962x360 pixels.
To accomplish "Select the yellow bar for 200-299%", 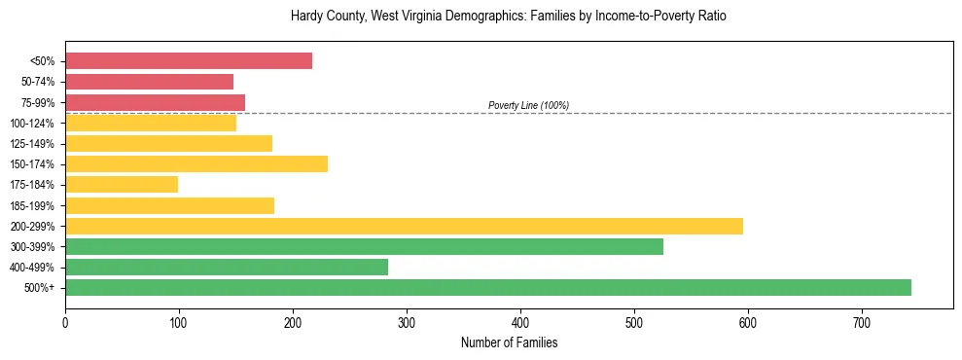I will (x=404, y=226).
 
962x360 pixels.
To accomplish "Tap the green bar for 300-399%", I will (x=364, y=246).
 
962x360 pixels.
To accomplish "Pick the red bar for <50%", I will (x=189, y=61).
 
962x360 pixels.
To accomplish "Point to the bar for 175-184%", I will (x=122, y=184).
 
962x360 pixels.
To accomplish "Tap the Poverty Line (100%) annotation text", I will (x=528, y=105).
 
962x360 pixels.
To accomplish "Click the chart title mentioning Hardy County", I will (x=508, y=17).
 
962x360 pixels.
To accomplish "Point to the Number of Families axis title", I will (x=508, y=342).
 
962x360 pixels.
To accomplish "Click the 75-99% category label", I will (x=38, y=102).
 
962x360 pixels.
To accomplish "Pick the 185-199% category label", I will (x=34, y=205).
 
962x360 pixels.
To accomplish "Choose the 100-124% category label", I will (x=34, y=123).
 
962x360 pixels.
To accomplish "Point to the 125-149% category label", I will (x=34, y=143).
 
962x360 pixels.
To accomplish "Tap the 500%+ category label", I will (x=40, y=287).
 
